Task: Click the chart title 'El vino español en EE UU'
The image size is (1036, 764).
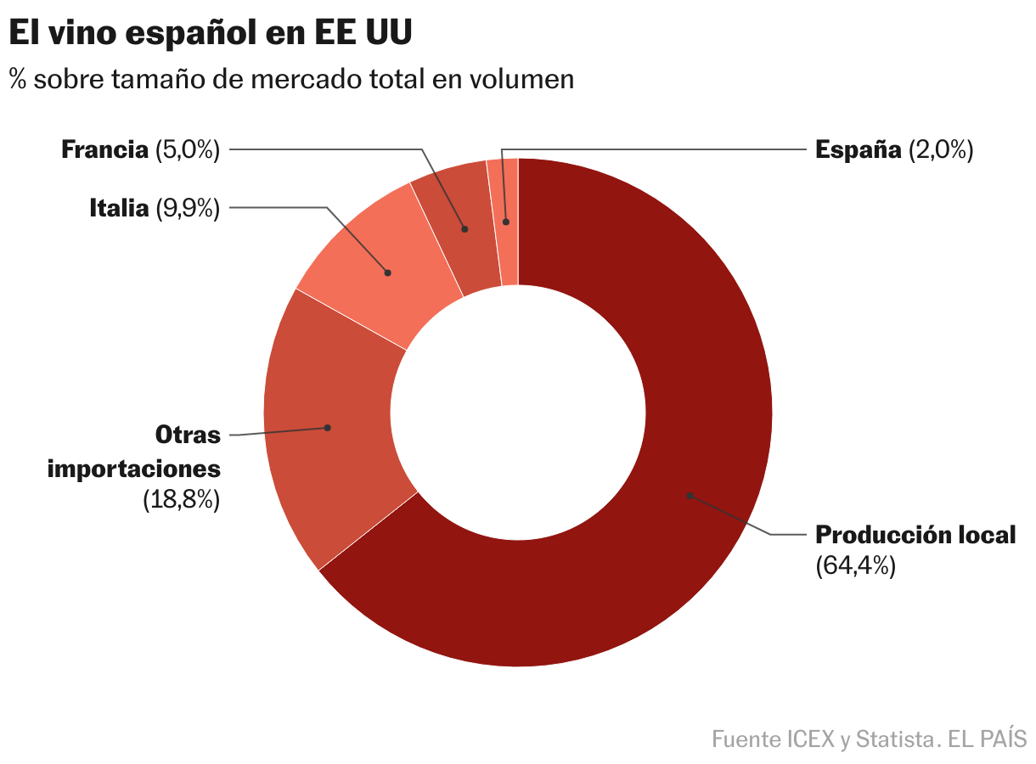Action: [211, 34]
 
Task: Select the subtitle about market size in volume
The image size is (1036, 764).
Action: [291, 79]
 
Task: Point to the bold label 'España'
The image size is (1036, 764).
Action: [858, 150]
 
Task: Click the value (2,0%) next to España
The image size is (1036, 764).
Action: [940, 150]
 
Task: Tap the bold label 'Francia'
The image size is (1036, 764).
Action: [104, 150]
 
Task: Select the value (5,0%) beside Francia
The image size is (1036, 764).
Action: [187, 150]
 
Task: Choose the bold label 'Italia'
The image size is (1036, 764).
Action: [119, 208]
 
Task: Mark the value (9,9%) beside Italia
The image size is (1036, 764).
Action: [187, 208]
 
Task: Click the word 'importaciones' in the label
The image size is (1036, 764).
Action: [134, 469]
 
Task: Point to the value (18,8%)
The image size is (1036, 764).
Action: [182, 500]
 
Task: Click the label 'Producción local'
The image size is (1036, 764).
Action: [915, 535]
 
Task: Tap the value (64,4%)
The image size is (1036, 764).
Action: [855, 566]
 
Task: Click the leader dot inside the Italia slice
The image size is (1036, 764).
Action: [388, 272]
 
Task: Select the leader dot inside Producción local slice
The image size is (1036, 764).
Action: [690, 494]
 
